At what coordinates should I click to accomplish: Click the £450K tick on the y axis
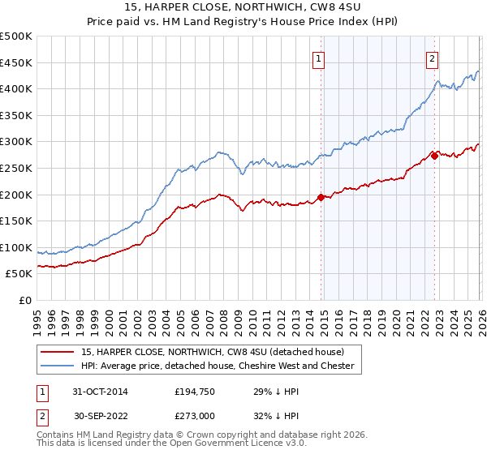pos(17,62)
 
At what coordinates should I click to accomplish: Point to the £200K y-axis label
pos(17,195)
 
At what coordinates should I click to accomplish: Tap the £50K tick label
pos(20,274)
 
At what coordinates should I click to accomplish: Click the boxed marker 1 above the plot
pos(319,58)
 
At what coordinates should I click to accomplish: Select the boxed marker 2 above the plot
pos(433,58)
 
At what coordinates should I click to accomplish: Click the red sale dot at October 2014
pos(321,197)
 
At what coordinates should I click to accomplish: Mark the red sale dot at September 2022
pos(434,156)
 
